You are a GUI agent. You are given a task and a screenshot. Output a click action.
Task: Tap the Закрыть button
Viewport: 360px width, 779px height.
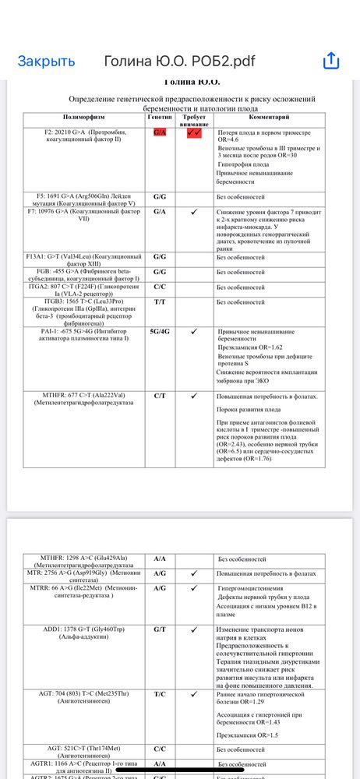click(x=47, y=62)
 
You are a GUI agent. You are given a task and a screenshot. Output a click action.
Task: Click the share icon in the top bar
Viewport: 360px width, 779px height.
click(x=330, y=61)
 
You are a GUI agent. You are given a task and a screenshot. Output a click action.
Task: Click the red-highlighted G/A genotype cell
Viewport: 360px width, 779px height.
click(x=161, y=132)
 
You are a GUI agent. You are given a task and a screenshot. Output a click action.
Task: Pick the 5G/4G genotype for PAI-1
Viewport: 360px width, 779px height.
click(x=161, y=331)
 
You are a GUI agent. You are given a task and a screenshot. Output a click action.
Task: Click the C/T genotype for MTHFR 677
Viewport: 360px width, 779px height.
click(x=161, y=397)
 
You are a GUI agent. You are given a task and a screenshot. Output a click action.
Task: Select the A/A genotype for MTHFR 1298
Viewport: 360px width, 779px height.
click(x=161, y=559)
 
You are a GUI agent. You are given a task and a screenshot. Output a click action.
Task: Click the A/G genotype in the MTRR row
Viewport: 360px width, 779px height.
click(x=161, y=589)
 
